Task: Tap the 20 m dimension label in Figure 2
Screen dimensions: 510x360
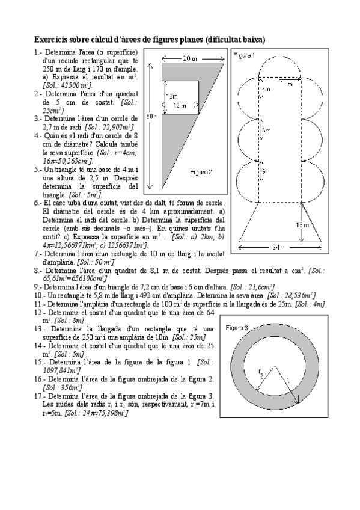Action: coord(189,58)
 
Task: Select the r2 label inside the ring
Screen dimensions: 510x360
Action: coord(261,374)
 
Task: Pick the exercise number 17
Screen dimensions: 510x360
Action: coord(39,396)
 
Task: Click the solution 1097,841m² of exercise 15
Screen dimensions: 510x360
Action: coord(60,370)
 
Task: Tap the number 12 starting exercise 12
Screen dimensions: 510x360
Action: coord(39,313)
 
